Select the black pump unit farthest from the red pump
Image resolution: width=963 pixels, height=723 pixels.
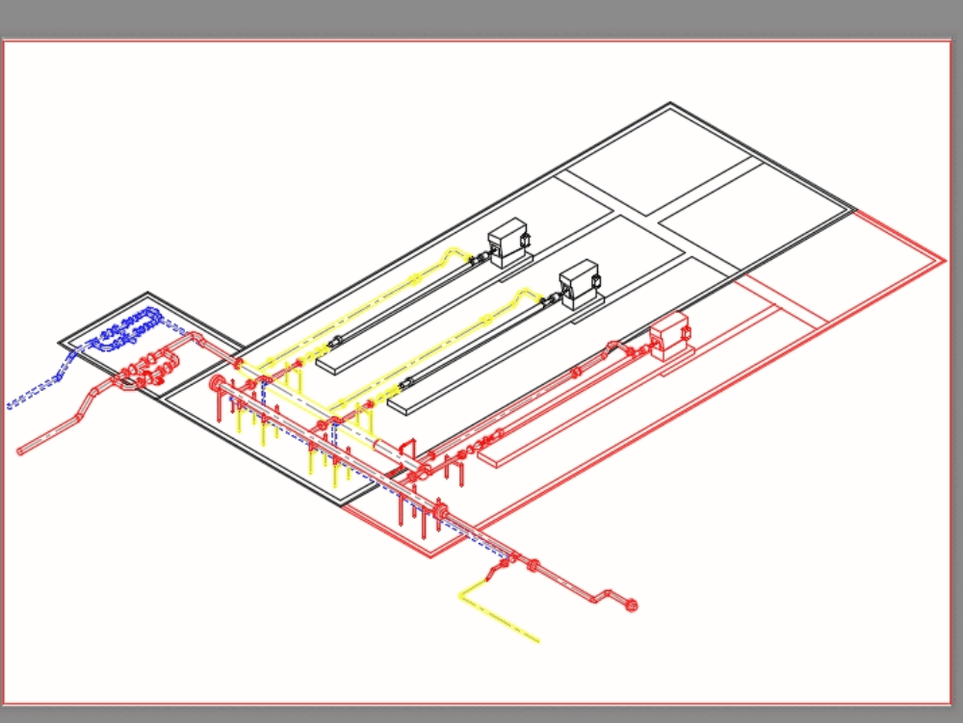[508, 242]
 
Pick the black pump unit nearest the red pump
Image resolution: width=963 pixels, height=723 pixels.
[580, 282]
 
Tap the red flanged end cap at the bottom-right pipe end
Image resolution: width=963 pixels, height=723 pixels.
[632, 606]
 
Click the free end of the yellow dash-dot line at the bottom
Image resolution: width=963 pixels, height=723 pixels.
[537, 640]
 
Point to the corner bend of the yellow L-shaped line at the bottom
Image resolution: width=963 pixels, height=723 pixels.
[461, 595]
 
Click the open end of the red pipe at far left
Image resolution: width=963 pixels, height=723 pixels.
[22, 450]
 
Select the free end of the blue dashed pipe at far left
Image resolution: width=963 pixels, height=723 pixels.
[10, 405]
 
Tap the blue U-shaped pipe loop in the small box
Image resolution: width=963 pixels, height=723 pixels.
[128, 327]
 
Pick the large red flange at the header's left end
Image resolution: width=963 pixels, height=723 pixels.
[217, 385]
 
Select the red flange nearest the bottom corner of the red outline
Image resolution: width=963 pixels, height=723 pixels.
[441, 515]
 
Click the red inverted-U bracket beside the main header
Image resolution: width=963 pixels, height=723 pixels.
[406, 450]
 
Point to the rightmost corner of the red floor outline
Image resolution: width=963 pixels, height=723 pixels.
[945, 259]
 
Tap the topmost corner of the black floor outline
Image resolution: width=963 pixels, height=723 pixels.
[671, 104]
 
